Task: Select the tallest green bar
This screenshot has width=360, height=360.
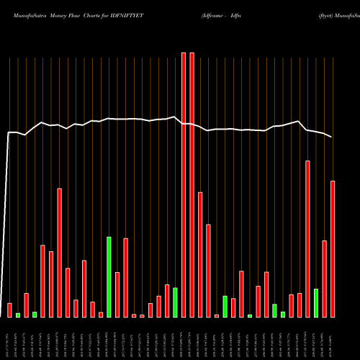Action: pos(109,276)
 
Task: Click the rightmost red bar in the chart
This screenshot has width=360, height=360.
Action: pos(333,248)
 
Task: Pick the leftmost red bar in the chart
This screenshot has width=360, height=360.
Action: pos(9,310)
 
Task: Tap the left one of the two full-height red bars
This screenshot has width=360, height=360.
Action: pos(184,184)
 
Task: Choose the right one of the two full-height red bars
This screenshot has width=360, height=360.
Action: pos(192,184)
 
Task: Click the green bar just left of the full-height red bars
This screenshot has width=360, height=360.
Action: pos(175,302)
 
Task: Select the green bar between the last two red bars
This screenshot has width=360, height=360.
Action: pos(316,302)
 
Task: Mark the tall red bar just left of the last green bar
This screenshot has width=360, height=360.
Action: pos(308,238)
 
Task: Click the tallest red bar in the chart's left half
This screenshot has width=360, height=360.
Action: pos(60,252)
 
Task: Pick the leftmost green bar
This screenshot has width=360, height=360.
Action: pos(18,315)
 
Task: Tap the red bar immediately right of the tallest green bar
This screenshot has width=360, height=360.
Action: pos(117,294)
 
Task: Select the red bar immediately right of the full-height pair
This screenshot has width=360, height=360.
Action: pos(200,254)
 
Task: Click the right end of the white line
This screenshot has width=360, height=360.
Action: pos(333,137)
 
